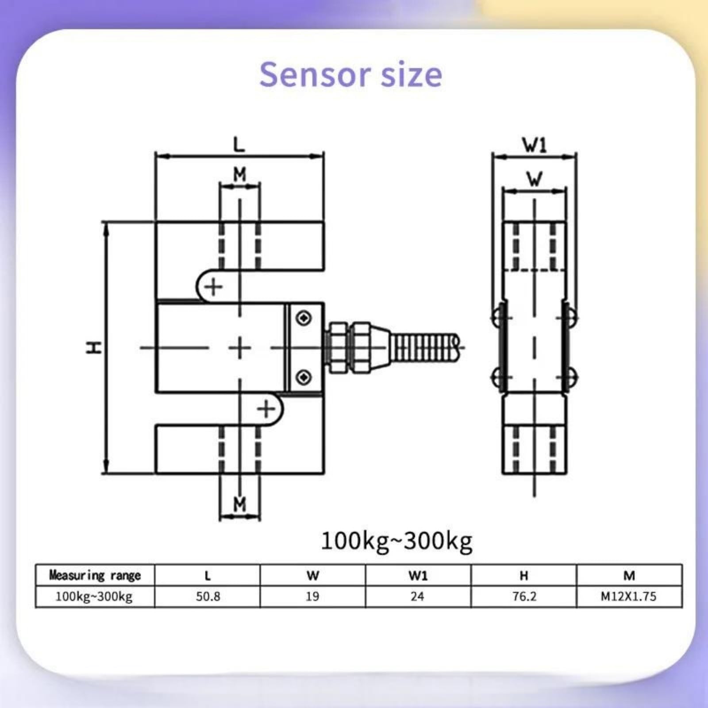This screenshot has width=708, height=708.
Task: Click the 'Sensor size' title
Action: coord(350,75)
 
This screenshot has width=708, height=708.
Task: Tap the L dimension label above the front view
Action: coord(239,144)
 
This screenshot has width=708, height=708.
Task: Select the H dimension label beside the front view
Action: coord(93,347)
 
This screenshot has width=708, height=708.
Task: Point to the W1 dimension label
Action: coord(535,145)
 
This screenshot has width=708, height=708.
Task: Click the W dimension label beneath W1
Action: coord(535,179)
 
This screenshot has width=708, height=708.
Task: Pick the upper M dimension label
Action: coord(239,175)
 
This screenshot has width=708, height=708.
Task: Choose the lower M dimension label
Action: coord(239,504)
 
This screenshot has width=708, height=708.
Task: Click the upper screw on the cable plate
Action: coord(304,318)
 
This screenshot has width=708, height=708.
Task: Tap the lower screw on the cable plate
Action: coord(304,377)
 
